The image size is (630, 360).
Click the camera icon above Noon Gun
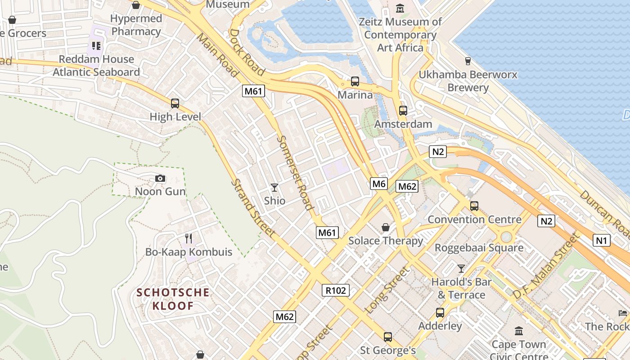(160, 179)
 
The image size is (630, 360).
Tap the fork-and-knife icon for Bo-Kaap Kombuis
(189, 238)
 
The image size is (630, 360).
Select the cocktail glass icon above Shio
(274, 187)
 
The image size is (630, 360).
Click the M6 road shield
(379, 183)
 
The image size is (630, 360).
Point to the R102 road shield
(336, 290)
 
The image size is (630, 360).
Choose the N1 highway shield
(602, 240)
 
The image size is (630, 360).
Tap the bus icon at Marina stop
(355, 81)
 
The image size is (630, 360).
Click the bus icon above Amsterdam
(403, 110)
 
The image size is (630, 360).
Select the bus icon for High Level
(175, 103)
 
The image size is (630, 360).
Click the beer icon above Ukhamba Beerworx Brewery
(468, 61)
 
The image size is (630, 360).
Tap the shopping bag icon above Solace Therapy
(386, 227)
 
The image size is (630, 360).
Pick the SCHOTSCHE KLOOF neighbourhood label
(173, 299)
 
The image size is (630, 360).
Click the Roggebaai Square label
(479, 247)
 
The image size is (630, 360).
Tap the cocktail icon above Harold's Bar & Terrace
(461, 269)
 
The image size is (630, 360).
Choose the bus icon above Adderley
(440, 312)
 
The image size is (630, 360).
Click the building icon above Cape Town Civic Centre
(519, 331)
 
